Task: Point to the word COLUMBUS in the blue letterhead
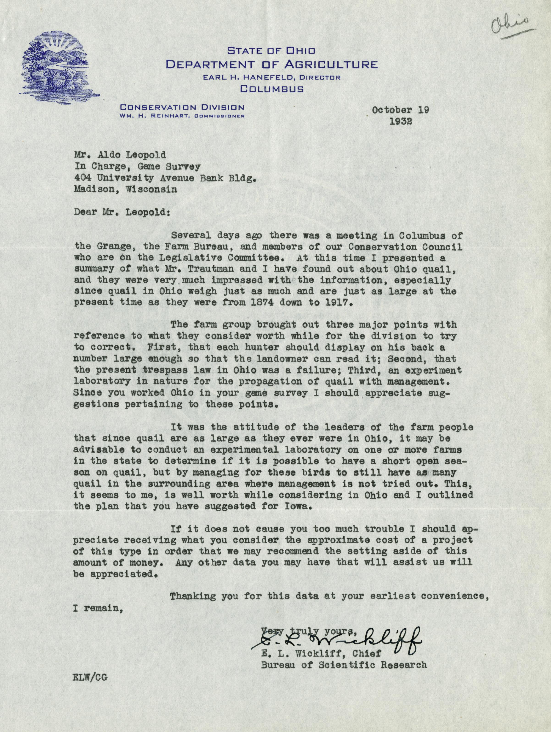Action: coord(272,89)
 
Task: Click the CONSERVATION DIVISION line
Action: coord(182,107)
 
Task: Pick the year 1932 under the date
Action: coord(400,121)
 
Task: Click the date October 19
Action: coord(400,110)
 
